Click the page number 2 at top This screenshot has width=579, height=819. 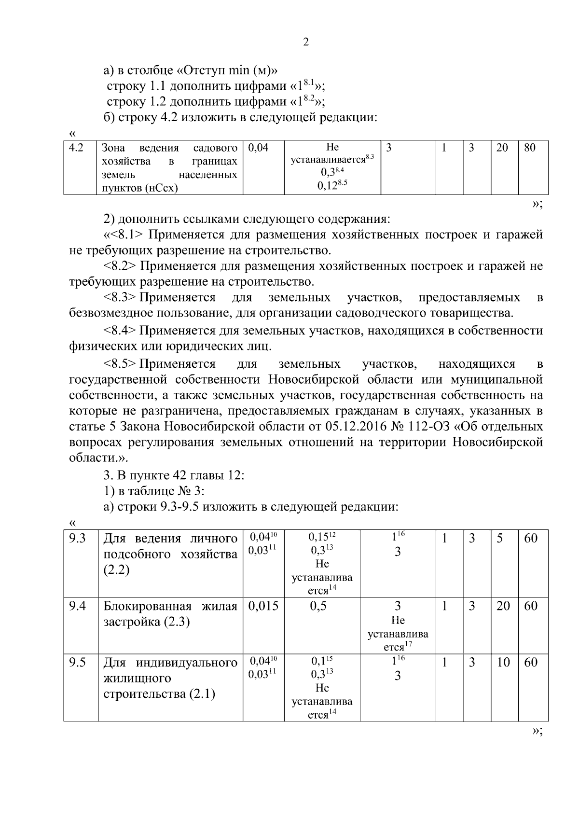point(305,42)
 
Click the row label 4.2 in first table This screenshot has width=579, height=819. point(76,148)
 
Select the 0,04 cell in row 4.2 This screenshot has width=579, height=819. point(258,148)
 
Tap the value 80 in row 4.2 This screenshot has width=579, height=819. point(529,148)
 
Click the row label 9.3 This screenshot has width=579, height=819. point(77,538)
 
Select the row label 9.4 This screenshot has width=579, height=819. point(77,606)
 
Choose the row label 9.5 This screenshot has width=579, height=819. point(77,662)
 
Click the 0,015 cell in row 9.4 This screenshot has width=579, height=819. point(263,606)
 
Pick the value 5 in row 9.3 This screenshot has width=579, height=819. point(500,538)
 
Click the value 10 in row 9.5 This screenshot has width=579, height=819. point(503,662)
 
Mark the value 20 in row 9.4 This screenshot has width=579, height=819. point(503,606)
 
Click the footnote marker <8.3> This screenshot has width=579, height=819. point(119,297)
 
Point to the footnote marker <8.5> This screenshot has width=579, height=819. point(119,364)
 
